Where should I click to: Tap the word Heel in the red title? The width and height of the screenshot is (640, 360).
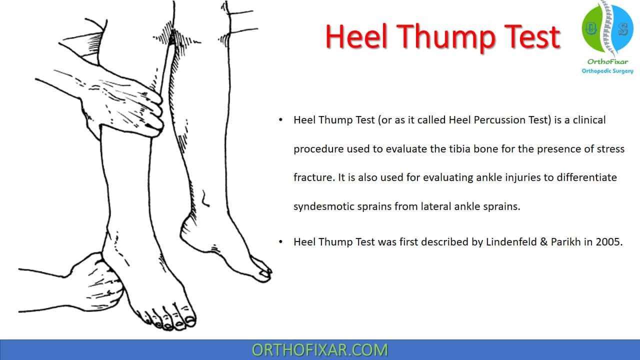click(357, 36)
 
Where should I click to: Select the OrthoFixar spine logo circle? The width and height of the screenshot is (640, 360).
click(607, 28)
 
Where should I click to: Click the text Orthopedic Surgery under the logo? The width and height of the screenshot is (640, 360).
click(607, 71)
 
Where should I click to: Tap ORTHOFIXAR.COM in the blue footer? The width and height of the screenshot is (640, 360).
click(319, 350)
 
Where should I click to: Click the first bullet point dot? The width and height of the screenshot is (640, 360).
click(280, 120)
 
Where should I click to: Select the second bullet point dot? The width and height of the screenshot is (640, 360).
click(280, 242)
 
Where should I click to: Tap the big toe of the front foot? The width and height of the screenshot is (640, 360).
click(189, 320)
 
